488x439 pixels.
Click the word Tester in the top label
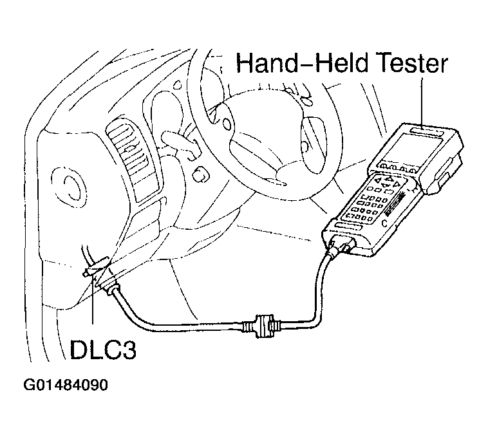407,64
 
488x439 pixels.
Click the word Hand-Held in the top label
297,64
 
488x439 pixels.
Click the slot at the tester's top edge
424,133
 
